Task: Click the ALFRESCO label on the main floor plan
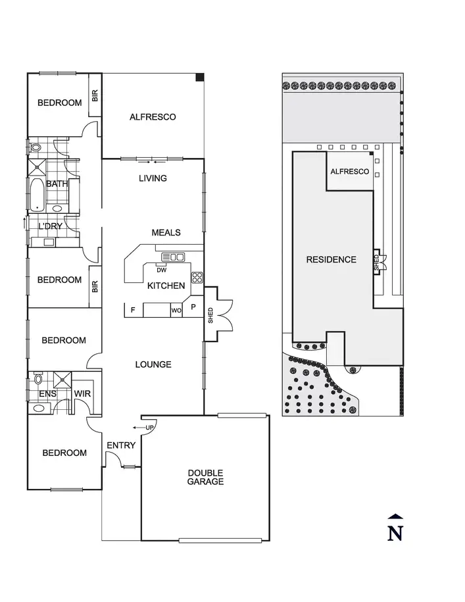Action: point(153,117)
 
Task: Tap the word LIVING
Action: point(153,178)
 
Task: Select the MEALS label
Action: point(166,233)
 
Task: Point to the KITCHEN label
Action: point(166,286)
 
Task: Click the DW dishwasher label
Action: point(161,270)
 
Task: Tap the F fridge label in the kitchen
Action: point(133,310)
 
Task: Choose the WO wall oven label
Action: point(176,310)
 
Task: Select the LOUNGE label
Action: point(153,364)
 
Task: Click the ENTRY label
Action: point(121,445)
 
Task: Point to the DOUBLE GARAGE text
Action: point(205,477)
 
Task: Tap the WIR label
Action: point(83,394)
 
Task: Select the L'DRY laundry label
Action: point(50,226)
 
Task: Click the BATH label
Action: point(57,184)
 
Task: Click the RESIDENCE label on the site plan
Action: point(331,260)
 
